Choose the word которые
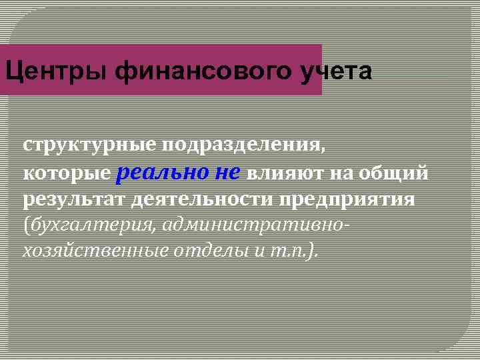pyautogui.click(x=67, y=174)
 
